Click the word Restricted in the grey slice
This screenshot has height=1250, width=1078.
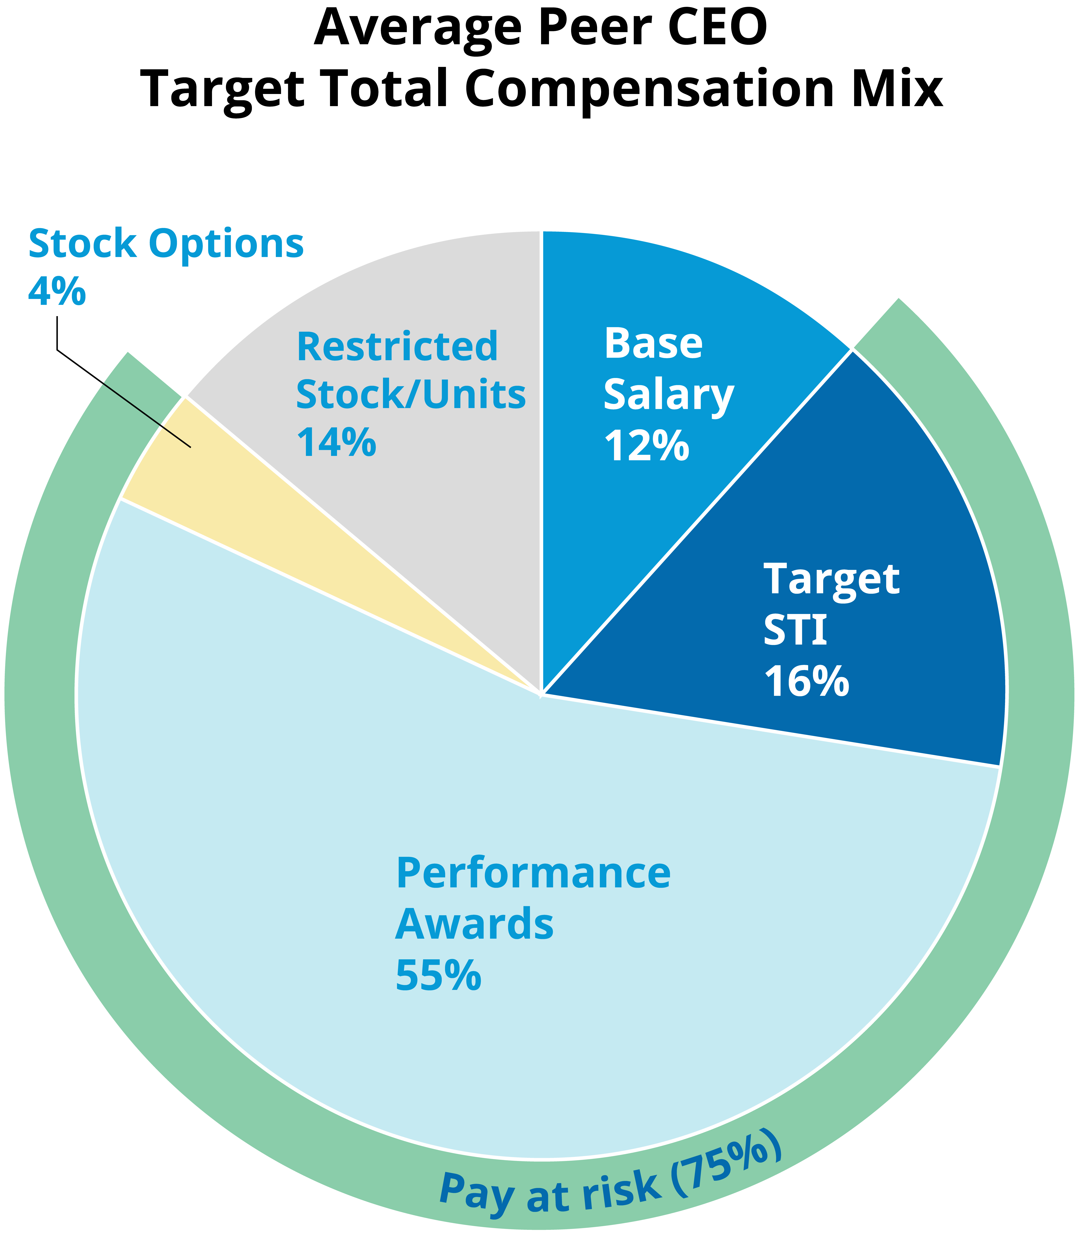[x=397, y=347]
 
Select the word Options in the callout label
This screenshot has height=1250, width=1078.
[x=226, y=244]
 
